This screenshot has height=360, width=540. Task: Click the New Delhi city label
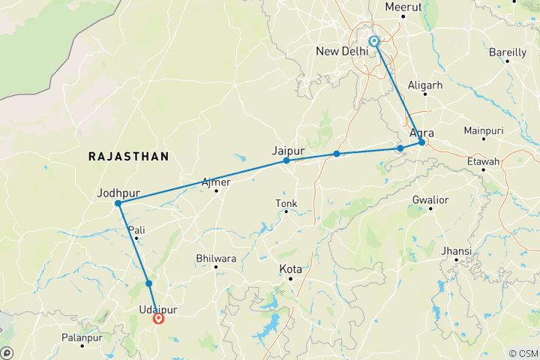pyautogui.click(x=342, y=51)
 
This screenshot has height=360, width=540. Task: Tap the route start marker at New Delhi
pyautogui.click(x=373, y=42)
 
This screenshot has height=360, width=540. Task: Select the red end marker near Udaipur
pyautogui.click(x=159, y=319)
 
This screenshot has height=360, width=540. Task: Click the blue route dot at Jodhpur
pyautogui.click(x=118, y=203)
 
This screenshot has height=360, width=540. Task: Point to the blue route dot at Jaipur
pyautogui.click(x=286, y=160)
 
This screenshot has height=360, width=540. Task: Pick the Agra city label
pyautogui.click(x=422, y=133)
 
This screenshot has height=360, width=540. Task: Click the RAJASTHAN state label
pyautogui.click(x=128, y=156)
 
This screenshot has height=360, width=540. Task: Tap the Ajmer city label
pyautogui.click(x=217, y=181)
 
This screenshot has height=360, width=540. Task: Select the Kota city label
pyautogui.click(x=291, y=268)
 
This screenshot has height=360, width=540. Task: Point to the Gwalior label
pyautogui.click(x=430, y=199)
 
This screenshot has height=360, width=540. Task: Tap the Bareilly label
pyautogui.click(x=507, y=52)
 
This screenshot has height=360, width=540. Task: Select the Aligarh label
pyautogui.click(x=424, y=85)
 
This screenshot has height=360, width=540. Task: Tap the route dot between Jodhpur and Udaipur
pyautogui.click(x=149, y=283)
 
